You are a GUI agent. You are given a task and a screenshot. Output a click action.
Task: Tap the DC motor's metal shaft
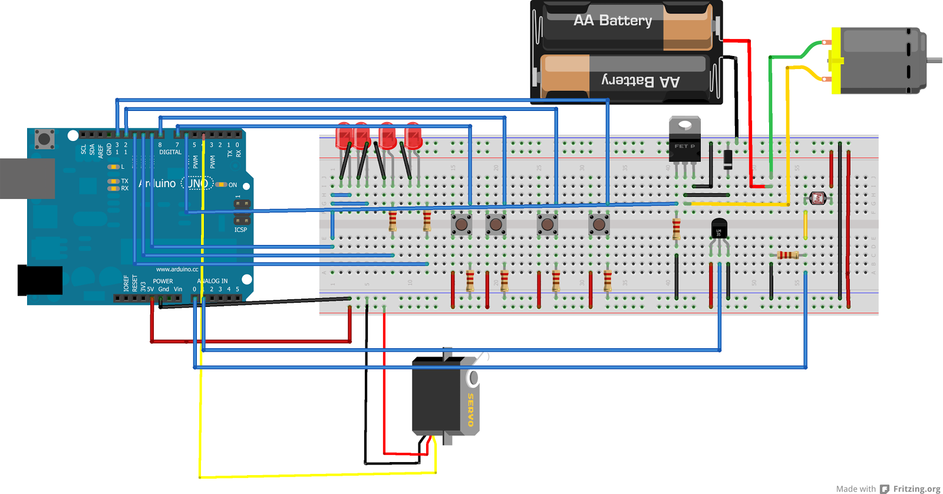935,60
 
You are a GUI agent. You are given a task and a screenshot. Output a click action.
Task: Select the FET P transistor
685,142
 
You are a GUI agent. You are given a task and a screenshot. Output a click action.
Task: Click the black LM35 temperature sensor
719,228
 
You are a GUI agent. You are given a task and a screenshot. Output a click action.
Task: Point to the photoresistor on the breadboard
818,198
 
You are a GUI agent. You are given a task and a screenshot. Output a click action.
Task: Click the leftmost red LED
344,137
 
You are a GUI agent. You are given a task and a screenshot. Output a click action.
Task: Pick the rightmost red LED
413,137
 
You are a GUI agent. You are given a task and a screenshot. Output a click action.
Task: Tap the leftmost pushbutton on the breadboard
461,224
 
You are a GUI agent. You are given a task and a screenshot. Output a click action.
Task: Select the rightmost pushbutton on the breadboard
599,224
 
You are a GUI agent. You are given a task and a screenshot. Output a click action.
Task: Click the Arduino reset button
44,139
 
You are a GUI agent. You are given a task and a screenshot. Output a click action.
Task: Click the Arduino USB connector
27,178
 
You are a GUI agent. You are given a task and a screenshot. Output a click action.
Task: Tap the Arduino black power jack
40,280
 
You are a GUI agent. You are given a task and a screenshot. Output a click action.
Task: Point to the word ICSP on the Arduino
240,230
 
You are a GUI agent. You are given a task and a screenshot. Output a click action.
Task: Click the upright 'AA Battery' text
613,21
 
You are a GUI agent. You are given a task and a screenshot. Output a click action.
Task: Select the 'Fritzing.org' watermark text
916,489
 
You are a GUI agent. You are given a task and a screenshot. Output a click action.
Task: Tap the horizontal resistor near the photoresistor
787,255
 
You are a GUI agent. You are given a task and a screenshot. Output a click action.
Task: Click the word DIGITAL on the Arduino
170,152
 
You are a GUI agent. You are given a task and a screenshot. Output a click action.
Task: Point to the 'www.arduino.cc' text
177,269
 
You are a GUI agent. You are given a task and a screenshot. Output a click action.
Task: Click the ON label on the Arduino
233,185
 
